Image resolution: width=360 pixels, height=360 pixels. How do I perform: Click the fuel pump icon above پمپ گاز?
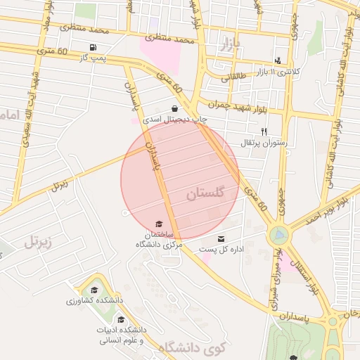(93, 47)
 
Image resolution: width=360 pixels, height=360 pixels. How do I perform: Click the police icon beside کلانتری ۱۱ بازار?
(278, 61)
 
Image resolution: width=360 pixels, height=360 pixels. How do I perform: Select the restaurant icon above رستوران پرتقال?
(264, 131)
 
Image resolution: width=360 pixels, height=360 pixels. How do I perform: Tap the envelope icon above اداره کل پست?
(222, 239)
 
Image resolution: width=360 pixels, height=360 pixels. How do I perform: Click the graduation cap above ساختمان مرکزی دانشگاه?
(158, 224)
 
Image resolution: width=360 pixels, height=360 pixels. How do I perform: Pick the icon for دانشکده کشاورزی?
(94, 290)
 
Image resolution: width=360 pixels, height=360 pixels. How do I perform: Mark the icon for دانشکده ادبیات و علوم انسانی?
(121, 319)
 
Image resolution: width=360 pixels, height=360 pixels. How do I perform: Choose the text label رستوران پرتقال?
(261, 143)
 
